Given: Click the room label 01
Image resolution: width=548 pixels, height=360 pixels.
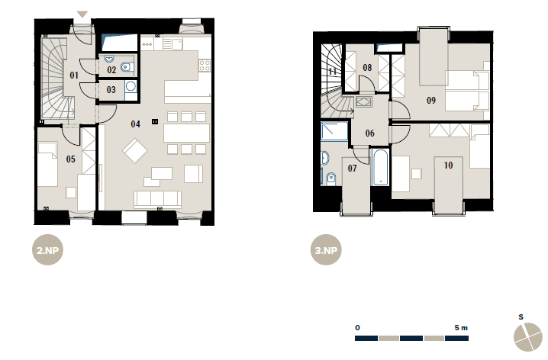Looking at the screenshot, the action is tap(74, 75).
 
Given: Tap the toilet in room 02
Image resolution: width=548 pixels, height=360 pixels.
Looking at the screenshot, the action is tap(127, 66).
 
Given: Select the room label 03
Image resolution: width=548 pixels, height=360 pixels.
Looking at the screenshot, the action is tap(111, 90).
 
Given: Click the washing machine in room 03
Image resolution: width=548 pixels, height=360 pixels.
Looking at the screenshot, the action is tap(131, 86).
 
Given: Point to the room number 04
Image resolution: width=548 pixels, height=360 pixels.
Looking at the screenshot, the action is tap(135, 124).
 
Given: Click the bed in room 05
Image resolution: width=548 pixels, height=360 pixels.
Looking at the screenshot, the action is tap(47, 164).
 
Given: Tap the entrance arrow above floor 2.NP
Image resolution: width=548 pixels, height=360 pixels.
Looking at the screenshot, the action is tap(82, 14).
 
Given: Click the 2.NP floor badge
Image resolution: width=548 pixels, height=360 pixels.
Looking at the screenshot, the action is tap(47, 250).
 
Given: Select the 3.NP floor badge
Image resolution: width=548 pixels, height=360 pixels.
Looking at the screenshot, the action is tap(326, 250).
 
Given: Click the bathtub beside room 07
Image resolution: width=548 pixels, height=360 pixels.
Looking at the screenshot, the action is tap(380, 167).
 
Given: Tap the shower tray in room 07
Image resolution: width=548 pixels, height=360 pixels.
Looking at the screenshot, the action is tap(334, 131).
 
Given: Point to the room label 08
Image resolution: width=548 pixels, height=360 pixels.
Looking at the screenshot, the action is tap(367, 67).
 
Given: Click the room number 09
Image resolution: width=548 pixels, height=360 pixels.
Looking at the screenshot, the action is tap(431, 101).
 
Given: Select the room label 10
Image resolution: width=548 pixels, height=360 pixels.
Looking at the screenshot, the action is tap(448, 166).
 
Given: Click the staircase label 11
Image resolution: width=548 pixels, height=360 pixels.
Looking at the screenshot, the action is tap(332, 71).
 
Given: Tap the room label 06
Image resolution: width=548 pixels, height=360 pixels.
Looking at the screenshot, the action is tap(369, 133).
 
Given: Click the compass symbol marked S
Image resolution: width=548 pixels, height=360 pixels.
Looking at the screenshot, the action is tap(527, 336).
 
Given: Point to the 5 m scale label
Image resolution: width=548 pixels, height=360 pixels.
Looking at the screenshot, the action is tap(461, 327).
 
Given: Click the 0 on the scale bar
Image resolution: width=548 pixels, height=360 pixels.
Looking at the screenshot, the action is tap(357, 327).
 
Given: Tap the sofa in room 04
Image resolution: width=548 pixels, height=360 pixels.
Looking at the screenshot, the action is tap(158, 199).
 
